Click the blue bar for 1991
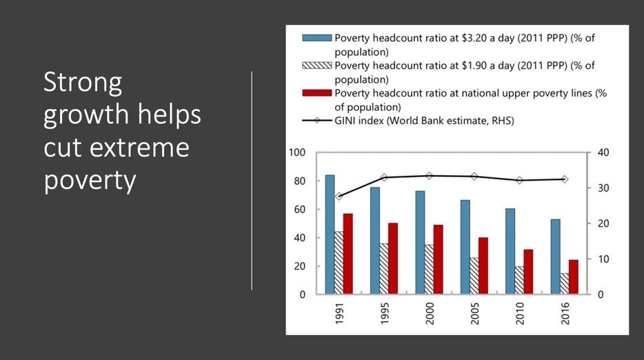click(330, 234)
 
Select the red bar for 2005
click(483, 266)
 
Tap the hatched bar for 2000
click(429, 269)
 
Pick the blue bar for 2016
click(555, 257)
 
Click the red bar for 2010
click(528, 272)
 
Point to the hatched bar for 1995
click(384, 269)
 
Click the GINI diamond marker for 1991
click(339, 196)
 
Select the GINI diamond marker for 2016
click(565, 179)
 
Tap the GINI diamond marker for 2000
click(430, 176)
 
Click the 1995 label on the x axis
click(385, 314)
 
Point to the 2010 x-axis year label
click(520, 314)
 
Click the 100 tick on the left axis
click(297, 152)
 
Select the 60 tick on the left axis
click(299, 209)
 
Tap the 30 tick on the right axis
click(603, 188)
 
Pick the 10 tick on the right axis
click(603, 259)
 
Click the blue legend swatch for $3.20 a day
click(316, 38)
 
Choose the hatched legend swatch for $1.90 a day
click(316, 66)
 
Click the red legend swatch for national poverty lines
click(316, 93)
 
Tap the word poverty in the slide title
click(90, 181)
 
